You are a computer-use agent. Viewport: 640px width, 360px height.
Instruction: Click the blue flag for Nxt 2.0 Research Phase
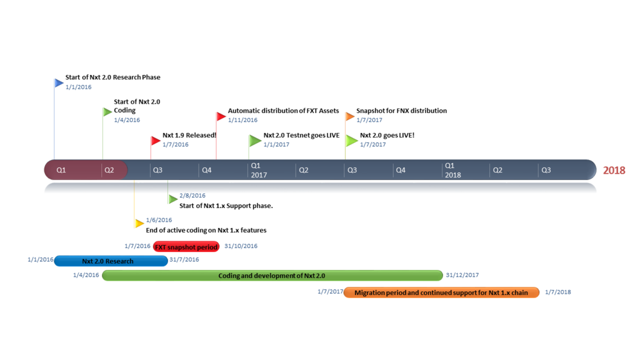coord(59,82)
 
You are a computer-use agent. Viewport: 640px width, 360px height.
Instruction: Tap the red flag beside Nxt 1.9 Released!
coord(156,140)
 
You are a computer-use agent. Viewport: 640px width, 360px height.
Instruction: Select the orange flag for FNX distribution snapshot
coord(350,116)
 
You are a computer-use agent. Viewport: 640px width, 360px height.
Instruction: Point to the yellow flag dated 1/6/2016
coord(139,223)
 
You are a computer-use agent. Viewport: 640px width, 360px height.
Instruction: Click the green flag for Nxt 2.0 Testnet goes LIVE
coord(255,140)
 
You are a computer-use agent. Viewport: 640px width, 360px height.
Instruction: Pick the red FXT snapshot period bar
coord(186,246)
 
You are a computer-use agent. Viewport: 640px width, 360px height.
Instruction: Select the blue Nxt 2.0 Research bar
coord(110,261)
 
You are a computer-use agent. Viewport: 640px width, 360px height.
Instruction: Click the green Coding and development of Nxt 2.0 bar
coord(272,276)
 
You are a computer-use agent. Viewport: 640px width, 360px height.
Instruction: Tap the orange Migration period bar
coord(441,292)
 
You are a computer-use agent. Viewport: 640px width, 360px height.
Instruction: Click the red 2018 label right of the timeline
coord(614,170)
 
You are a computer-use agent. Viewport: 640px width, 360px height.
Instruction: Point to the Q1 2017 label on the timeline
coord(258,170)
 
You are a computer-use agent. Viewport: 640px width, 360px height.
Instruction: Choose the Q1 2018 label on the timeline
coord(452,170)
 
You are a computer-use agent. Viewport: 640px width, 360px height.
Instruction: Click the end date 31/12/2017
coord(462,275)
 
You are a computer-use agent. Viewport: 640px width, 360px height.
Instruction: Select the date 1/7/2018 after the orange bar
coord(557,292)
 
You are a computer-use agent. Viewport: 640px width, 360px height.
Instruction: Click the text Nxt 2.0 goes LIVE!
coord(387,135)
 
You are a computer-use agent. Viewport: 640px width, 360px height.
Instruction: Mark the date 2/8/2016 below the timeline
coord(192,196)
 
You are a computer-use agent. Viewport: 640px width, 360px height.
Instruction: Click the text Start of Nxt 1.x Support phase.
coord(226,206)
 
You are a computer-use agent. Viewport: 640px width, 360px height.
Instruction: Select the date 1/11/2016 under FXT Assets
coord(242,120)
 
